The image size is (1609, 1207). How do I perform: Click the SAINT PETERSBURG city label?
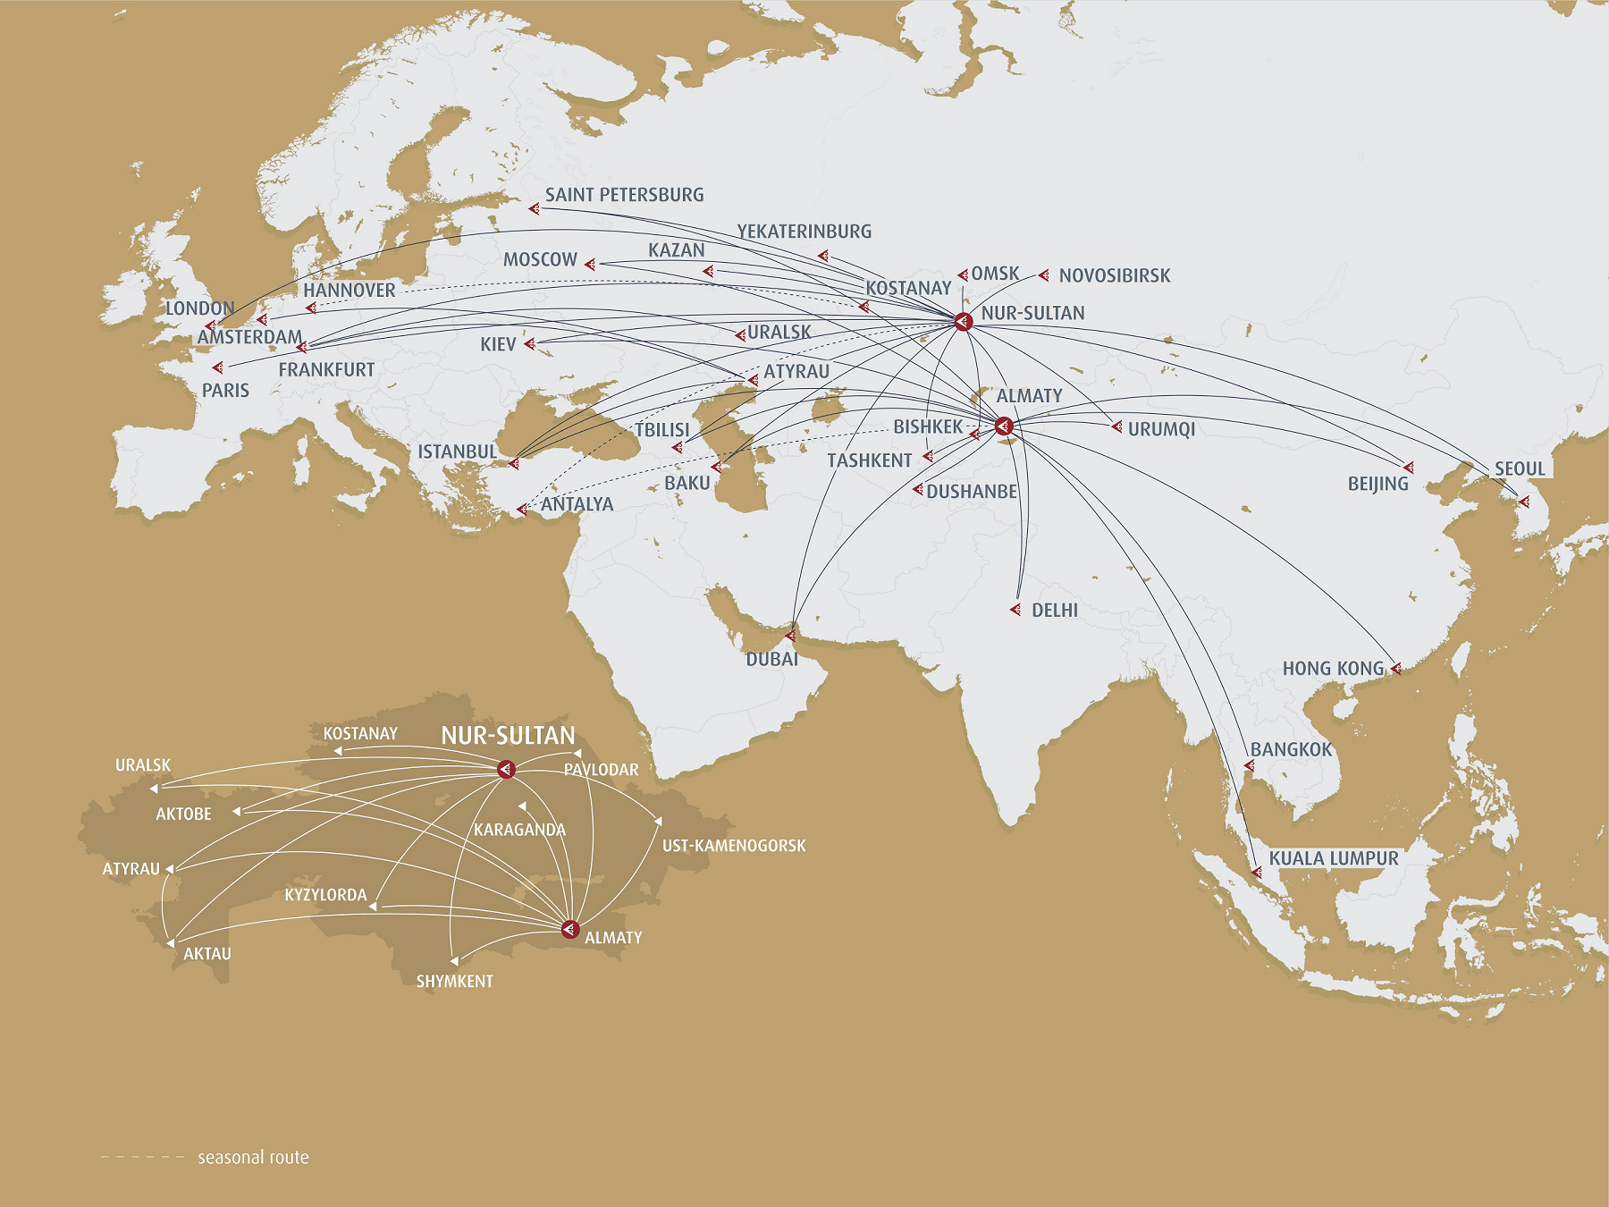click(624, 195)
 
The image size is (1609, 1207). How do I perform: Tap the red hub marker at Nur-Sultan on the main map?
click(963, 321)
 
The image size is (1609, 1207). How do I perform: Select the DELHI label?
click(1054, 611)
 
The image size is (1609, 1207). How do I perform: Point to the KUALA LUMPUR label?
click(1333, 858)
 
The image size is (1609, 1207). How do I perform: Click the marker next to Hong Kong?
click(1395, 668)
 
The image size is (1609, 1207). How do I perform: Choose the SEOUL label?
click(1520, 468)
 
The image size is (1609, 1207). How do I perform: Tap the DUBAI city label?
click(771, 659)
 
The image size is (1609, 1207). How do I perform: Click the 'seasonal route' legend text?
click(253, 1157)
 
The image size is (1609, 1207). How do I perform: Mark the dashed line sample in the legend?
click(143, 1157)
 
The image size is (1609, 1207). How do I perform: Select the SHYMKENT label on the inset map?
click(454, 981)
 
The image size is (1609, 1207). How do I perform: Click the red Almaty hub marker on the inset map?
click(570, 930)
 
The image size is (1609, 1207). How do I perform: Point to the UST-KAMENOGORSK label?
click(734, 845)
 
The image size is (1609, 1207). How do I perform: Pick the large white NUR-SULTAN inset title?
click(508, 736)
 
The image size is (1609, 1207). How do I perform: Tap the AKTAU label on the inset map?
click(207, 954)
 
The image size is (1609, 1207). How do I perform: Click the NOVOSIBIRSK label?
click(1114, 275)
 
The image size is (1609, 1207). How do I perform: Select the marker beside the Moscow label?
click(590, 263)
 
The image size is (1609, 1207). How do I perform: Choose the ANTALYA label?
click(577, 504)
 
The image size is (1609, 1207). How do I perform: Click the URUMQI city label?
click(1161, 429)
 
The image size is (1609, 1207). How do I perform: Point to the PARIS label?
click(225, 391)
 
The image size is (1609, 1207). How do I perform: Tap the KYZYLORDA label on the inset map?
click(325, 895)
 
